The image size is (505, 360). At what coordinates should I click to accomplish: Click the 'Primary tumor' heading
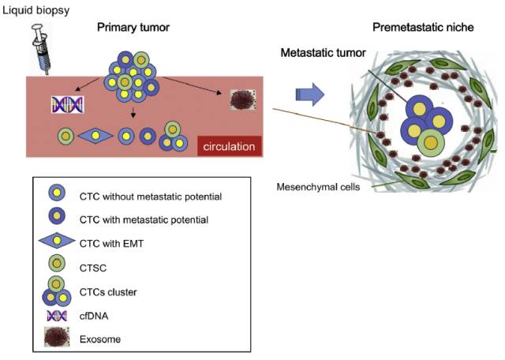coord(133,28)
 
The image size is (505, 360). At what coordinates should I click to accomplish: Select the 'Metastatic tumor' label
coord(323,53)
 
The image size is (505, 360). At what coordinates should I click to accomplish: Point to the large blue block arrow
coord(310,96)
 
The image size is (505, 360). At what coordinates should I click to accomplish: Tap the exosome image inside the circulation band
coord(241,99)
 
